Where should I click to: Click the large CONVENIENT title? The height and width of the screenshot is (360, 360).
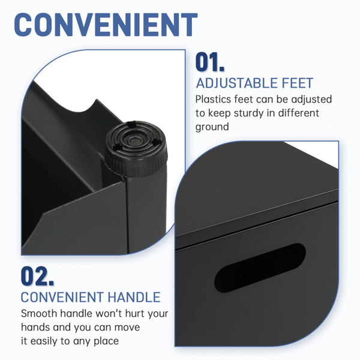[106, 25]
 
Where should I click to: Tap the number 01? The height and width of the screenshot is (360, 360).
[209, 62]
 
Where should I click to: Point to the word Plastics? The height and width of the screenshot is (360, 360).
[213, 100]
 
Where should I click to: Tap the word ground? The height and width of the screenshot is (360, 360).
[212, 127]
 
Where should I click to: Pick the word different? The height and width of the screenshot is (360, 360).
[298, 113]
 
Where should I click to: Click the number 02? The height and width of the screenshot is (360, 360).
[37, 276]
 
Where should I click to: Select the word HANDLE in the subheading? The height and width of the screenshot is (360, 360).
[134, 298]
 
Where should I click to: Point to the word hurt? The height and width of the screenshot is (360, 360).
[135, 313]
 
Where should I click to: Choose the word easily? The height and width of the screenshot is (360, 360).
[44, 341]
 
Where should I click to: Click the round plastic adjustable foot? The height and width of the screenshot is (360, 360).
[136, 149]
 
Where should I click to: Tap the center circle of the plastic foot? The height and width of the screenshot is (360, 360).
[134, 140]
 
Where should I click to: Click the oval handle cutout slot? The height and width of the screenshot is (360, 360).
[260, 268]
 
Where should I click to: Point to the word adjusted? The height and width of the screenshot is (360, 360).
[311, 100]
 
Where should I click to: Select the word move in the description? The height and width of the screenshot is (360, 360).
[127, 328]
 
